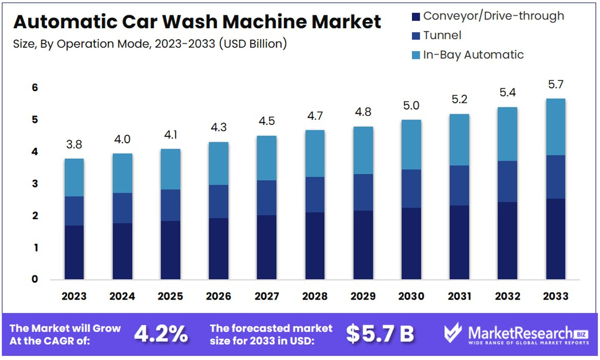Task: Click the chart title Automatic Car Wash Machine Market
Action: (x=197, y=22)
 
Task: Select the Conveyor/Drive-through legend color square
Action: (x=416, y=16)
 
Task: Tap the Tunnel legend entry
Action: (x=442, y=35)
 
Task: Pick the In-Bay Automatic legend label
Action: (x=473, y=55)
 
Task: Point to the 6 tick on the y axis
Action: (x=35, y=88)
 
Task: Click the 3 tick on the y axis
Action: (x=35, y=184)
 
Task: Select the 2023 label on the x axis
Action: (x=74, y=297)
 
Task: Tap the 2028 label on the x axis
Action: (x=315, y=297)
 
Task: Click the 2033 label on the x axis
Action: (x=555, y=297)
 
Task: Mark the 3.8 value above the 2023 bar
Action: (x=74, y=145)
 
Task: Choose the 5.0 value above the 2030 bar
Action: (x=411, y=106)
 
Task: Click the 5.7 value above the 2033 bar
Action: (x=555, y=84)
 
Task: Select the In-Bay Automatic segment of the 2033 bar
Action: (x=555, y=127)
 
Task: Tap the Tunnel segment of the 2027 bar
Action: (x=266, y=198)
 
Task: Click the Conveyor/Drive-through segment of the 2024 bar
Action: (x=122, y=251)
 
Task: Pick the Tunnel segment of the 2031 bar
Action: (x=459, y=185)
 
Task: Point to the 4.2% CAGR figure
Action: (x=160, y=334)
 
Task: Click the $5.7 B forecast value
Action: (x=380, y=334)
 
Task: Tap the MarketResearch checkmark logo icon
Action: (x=453, y=333)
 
